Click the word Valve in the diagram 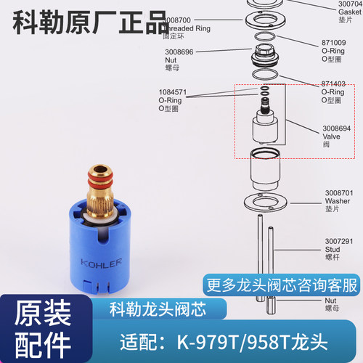pos(332,135)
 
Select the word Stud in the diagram pos(332,249)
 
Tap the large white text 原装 pos(35,306)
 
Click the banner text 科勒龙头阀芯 pos(150,307)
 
